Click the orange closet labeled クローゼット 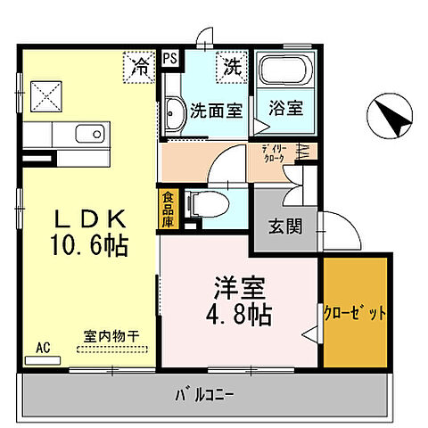(355, 313)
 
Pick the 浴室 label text (284, 110)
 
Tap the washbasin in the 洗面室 (174, 112)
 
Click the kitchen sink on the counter (88, 136)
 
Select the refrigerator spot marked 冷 (141, 64)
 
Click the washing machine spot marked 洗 (232, 64)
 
